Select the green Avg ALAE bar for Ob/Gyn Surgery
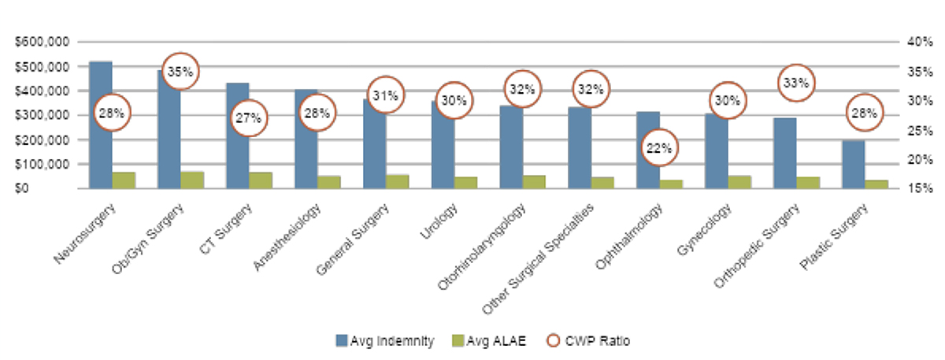pos(191,180)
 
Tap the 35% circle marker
pos(180,72)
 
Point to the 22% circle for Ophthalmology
pos(659,147)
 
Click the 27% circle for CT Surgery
pos(249,119)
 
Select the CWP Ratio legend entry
pos(582,341)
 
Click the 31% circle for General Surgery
pos(385,95)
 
